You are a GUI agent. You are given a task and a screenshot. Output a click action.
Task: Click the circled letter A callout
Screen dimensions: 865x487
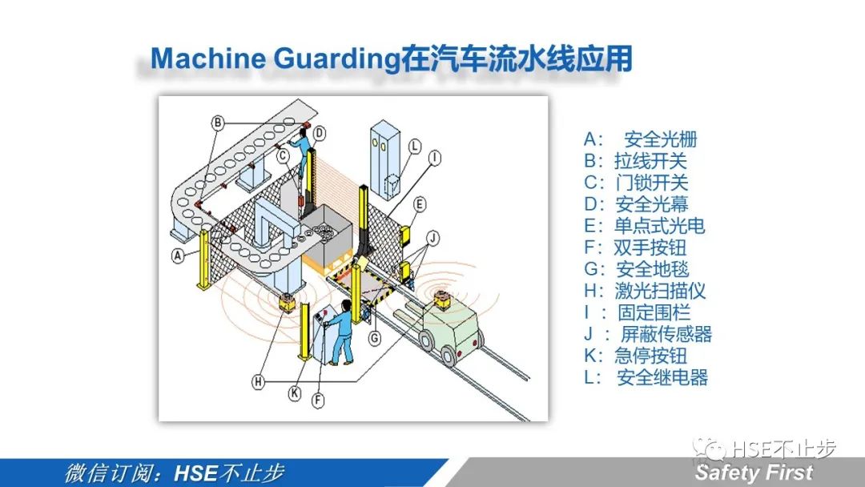pos(177,256)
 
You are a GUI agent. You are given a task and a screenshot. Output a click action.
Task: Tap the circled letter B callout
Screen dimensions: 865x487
pos(218,123)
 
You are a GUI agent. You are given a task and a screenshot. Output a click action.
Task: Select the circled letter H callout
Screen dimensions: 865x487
pos(258,381)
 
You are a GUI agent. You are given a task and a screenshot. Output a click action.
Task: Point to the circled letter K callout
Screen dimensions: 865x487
pos(295,392)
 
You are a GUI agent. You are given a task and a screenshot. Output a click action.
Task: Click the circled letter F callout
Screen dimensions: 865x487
pos(318,400)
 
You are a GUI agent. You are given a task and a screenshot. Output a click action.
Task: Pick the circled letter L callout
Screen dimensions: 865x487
pos(414,146)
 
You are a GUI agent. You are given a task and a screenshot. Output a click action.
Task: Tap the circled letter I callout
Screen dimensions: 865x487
pos(435,159)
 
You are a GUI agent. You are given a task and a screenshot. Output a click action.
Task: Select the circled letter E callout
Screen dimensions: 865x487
pos(420,204)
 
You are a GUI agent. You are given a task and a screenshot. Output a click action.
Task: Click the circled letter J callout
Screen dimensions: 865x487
pos(433,238)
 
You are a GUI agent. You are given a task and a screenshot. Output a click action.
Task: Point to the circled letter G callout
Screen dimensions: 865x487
pos(375,337)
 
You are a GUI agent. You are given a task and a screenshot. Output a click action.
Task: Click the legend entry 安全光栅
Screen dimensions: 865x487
pos(660,139)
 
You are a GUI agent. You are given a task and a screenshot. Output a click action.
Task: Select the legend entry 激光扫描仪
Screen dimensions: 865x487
pos(660,291)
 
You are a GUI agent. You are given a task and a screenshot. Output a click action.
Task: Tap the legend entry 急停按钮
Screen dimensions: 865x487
pos(651,356)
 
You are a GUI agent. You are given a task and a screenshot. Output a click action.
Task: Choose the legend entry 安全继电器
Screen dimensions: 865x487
pos(662,377)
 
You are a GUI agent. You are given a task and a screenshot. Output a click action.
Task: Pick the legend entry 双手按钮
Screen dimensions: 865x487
pos(650,248)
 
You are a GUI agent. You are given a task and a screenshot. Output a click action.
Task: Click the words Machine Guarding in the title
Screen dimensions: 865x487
pos(275,58)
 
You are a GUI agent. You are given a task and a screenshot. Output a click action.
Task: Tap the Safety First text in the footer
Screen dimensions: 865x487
pos(754,473)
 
